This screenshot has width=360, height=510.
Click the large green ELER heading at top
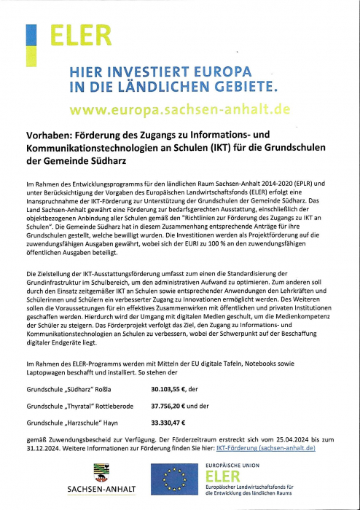80,35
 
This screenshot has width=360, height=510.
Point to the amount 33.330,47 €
168,423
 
